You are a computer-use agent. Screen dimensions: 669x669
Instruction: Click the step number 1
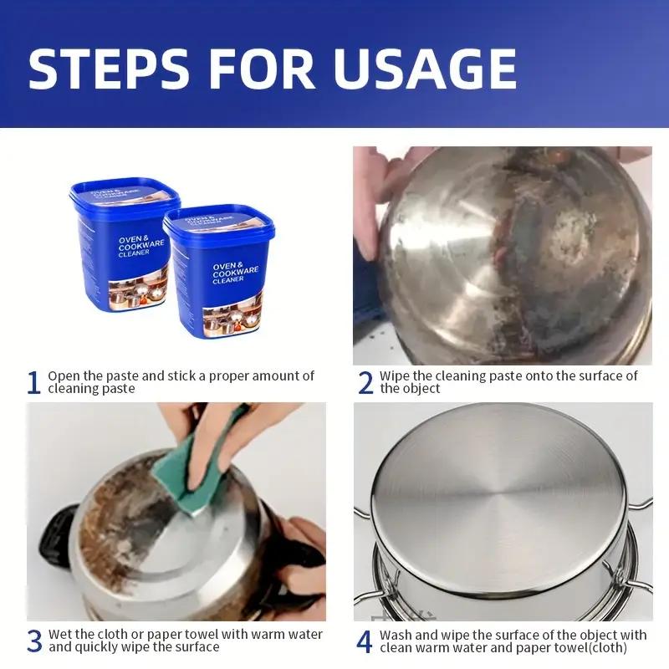tap(33, 383)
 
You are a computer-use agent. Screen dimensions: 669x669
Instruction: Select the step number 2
tap(365, 383)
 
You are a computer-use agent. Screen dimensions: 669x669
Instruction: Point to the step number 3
tap(33, 641)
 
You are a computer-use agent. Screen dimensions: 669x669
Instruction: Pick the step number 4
tap(365, 641)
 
